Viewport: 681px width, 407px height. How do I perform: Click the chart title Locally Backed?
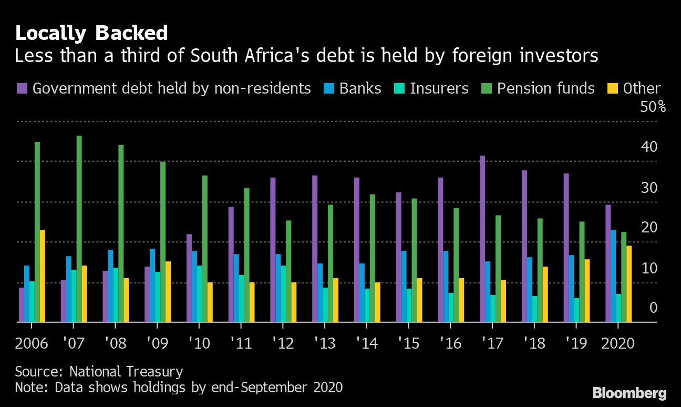pyautogui.click(x=91, y=34)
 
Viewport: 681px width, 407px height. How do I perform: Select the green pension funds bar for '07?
pyautogui.click(x=79, y=229)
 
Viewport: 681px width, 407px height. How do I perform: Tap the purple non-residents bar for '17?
pyautogui.click(x=482, y=239)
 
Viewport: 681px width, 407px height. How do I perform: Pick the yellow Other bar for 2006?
pyautogui.click(x=42, y=276)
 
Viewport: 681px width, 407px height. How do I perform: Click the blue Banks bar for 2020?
pyautogui.click(x=613, y=276)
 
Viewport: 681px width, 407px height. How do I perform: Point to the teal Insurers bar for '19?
pyautogui.click(x=576, y=310)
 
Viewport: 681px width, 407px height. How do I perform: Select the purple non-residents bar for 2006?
pyautogui.click(x=22, y=304)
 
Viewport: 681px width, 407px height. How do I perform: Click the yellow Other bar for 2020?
pyautogui.click(x=629, y=284)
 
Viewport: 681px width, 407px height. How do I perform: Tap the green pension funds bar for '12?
pyautogui.click(x=288, y=271)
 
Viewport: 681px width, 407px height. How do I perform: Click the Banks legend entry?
pyautogui.click(x=360, y=88)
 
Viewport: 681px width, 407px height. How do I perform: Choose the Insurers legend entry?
pyautogui.click(x=439, y=88)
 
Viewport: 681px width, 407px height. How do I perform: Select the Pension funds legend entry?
pyautogui.click(x=545, y=88)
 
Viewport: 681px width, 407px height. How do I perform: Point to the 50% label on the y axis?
pyautogui.click(x=653, y=107)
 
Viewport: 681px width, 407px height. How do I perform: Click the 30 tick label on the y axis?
pyautogui.click(x=649, y=188)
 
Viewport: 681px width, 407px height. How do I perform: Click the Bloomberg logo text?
pyautogui.click(x=630, y=393)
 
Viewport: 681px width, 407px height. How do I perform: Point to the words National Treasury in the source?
pyautogui.click(x=126, y=372)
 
